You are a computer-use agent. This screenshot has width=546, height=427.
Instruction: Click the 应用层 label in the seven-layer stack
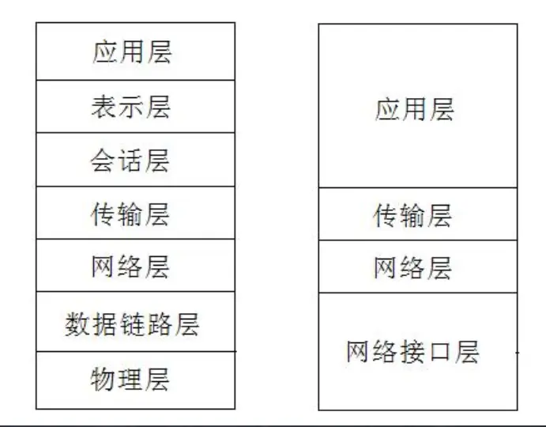(131, 53)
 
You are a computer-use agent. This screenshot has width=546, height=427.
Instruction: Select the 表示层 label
(131, 107)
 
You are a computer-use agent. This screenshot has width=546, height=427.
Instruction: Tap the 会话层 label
(131, 161)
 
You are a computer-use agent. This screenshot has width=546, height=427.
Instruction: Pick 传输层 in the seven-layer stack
(131, 214)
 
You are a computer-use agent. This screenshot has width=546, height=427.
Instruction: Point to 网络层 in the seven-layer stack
(131, 267)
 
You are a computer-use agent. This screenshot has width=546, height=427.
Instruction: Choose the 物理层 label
(131, 380)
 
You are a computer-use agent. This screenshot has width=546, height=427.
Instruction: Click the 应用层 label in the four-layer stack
(414, 109)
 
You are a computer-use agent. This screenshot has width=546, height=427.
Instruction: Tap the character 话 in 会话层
(131, 161)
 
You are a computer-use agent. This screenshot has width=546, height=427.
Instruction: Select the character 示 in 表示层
(131, 107)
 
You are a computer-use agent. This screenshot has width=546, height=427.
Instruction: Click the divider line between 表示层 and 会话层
(135, 133)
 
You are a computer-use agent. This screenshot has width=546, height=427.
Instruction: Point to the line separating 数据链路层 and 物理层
(135, 351)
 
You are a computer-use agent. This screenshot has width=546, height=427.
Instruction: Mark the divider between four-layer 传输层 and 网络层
(418, 240)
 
